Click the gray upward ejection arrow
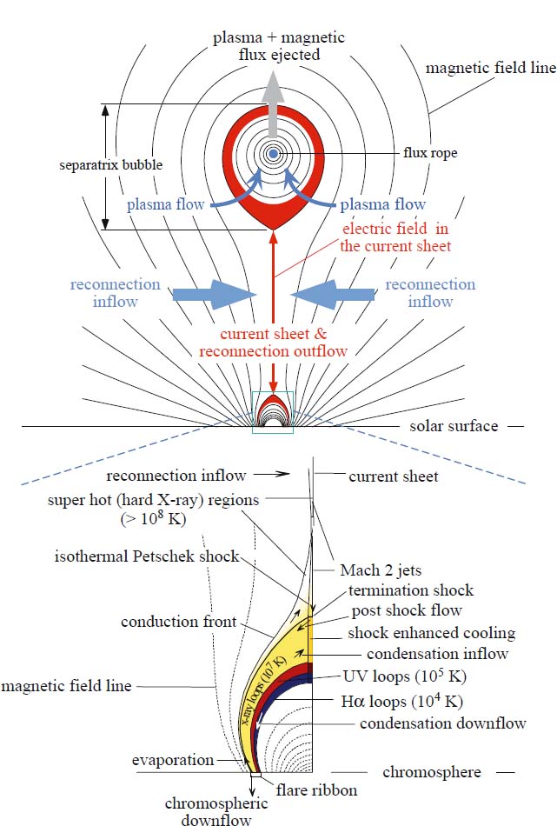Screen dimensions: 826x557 pos(273,96)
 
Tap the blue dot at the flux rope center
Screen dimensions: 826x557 pos(273,154)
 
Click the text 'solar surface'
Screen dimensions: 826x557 pos(454,426)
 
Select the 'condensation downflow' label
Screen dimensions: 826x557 pos(442,723)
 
